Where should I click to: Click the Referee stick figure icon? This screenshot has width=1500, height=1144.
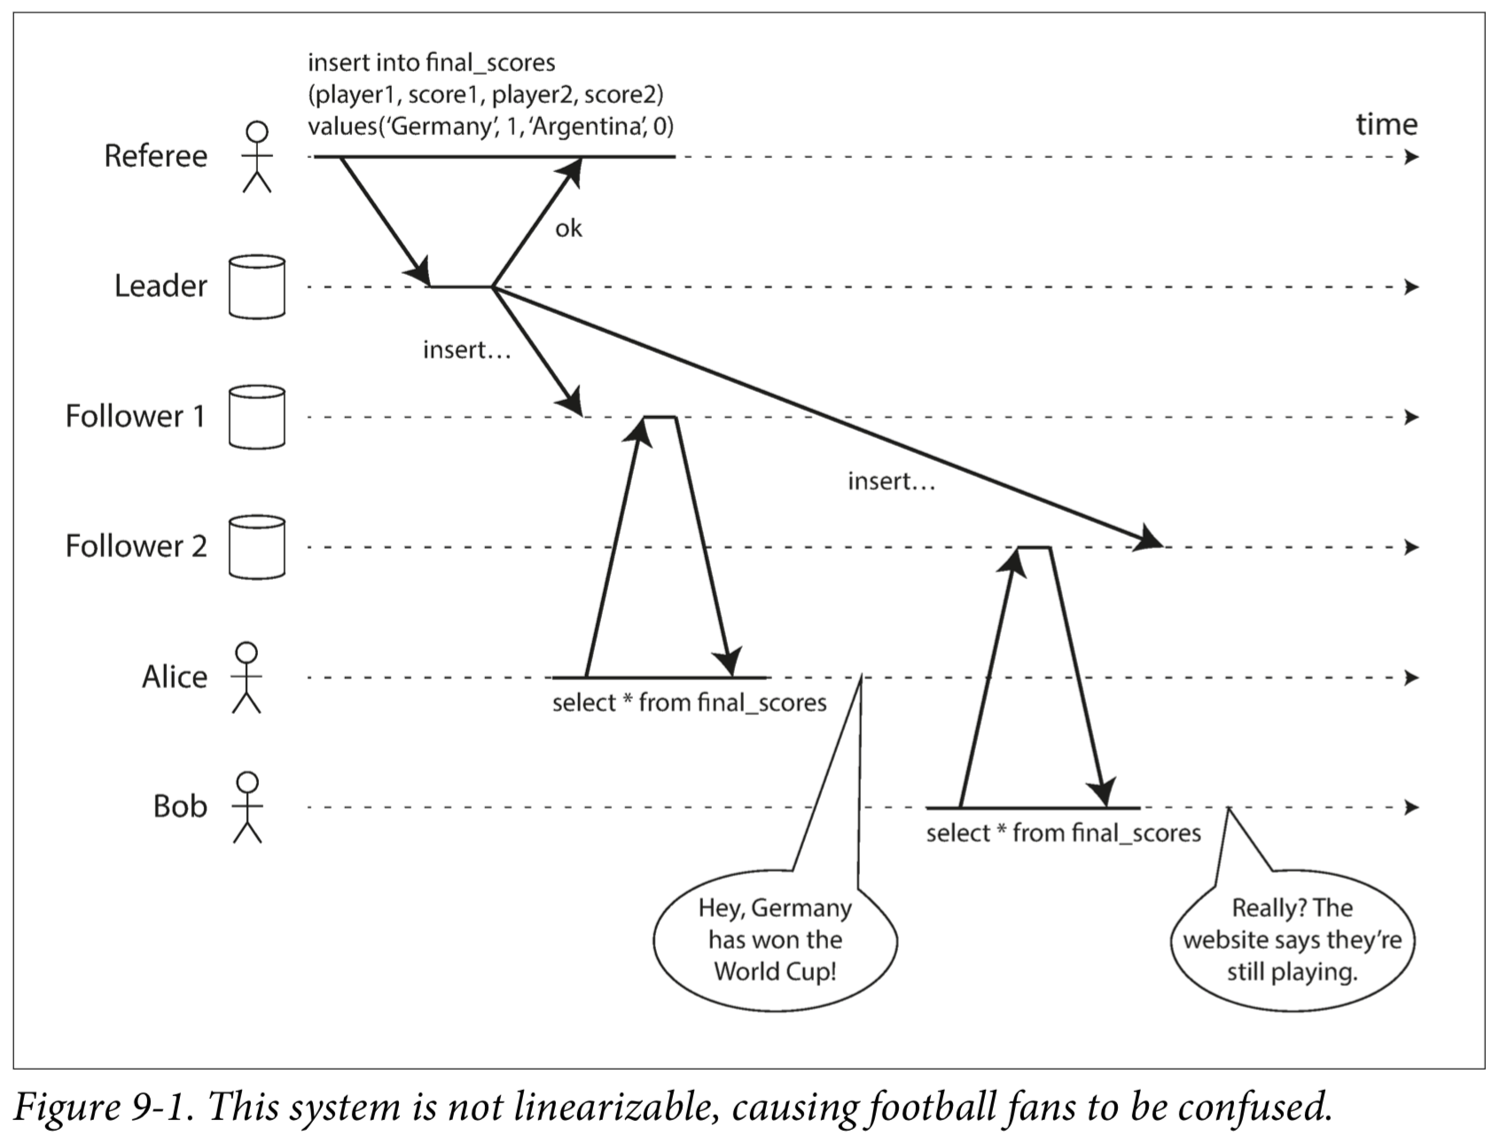257,157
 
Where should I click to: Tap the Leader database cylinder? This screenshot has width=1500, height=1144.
257,287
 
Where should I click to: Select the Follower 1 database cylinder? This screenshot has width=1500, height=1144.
257,417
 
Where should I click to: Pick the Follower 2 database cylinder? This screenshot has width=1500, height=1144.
257,547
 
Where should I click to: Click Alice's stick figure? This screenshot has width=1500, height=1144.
246,678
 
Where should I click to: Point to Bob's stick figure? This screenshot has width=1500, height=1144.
247,807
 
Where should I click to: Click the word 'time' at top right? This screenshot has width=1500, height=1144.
1387,124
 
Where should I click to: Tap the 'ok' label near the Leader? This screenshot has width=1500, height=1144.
568,229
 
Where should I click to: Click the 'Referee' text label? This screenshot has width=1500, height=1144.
156,156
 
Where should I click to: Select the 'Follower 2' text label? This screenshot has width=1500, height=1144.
136,546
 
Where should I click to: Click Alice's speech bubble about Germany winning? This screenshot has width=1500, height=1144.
775,940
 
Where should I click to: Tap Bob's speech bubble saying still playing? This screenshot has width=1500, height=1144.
1292,940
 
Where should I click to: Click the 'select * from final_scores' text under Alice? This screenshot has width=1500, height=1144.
689,703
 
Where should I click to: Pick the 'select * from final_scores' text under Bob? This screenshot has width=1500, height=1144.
1063,834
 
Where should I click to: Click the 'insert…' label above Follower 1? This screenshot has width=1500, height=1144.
467,350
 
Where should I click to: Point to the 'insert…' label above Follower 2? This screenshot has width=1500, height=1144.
891,482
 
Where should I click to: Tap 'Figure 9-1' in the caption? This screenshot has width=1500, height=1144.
105,1107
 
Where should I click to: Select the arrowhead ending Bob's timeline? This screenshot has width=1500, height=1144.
1412,808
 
